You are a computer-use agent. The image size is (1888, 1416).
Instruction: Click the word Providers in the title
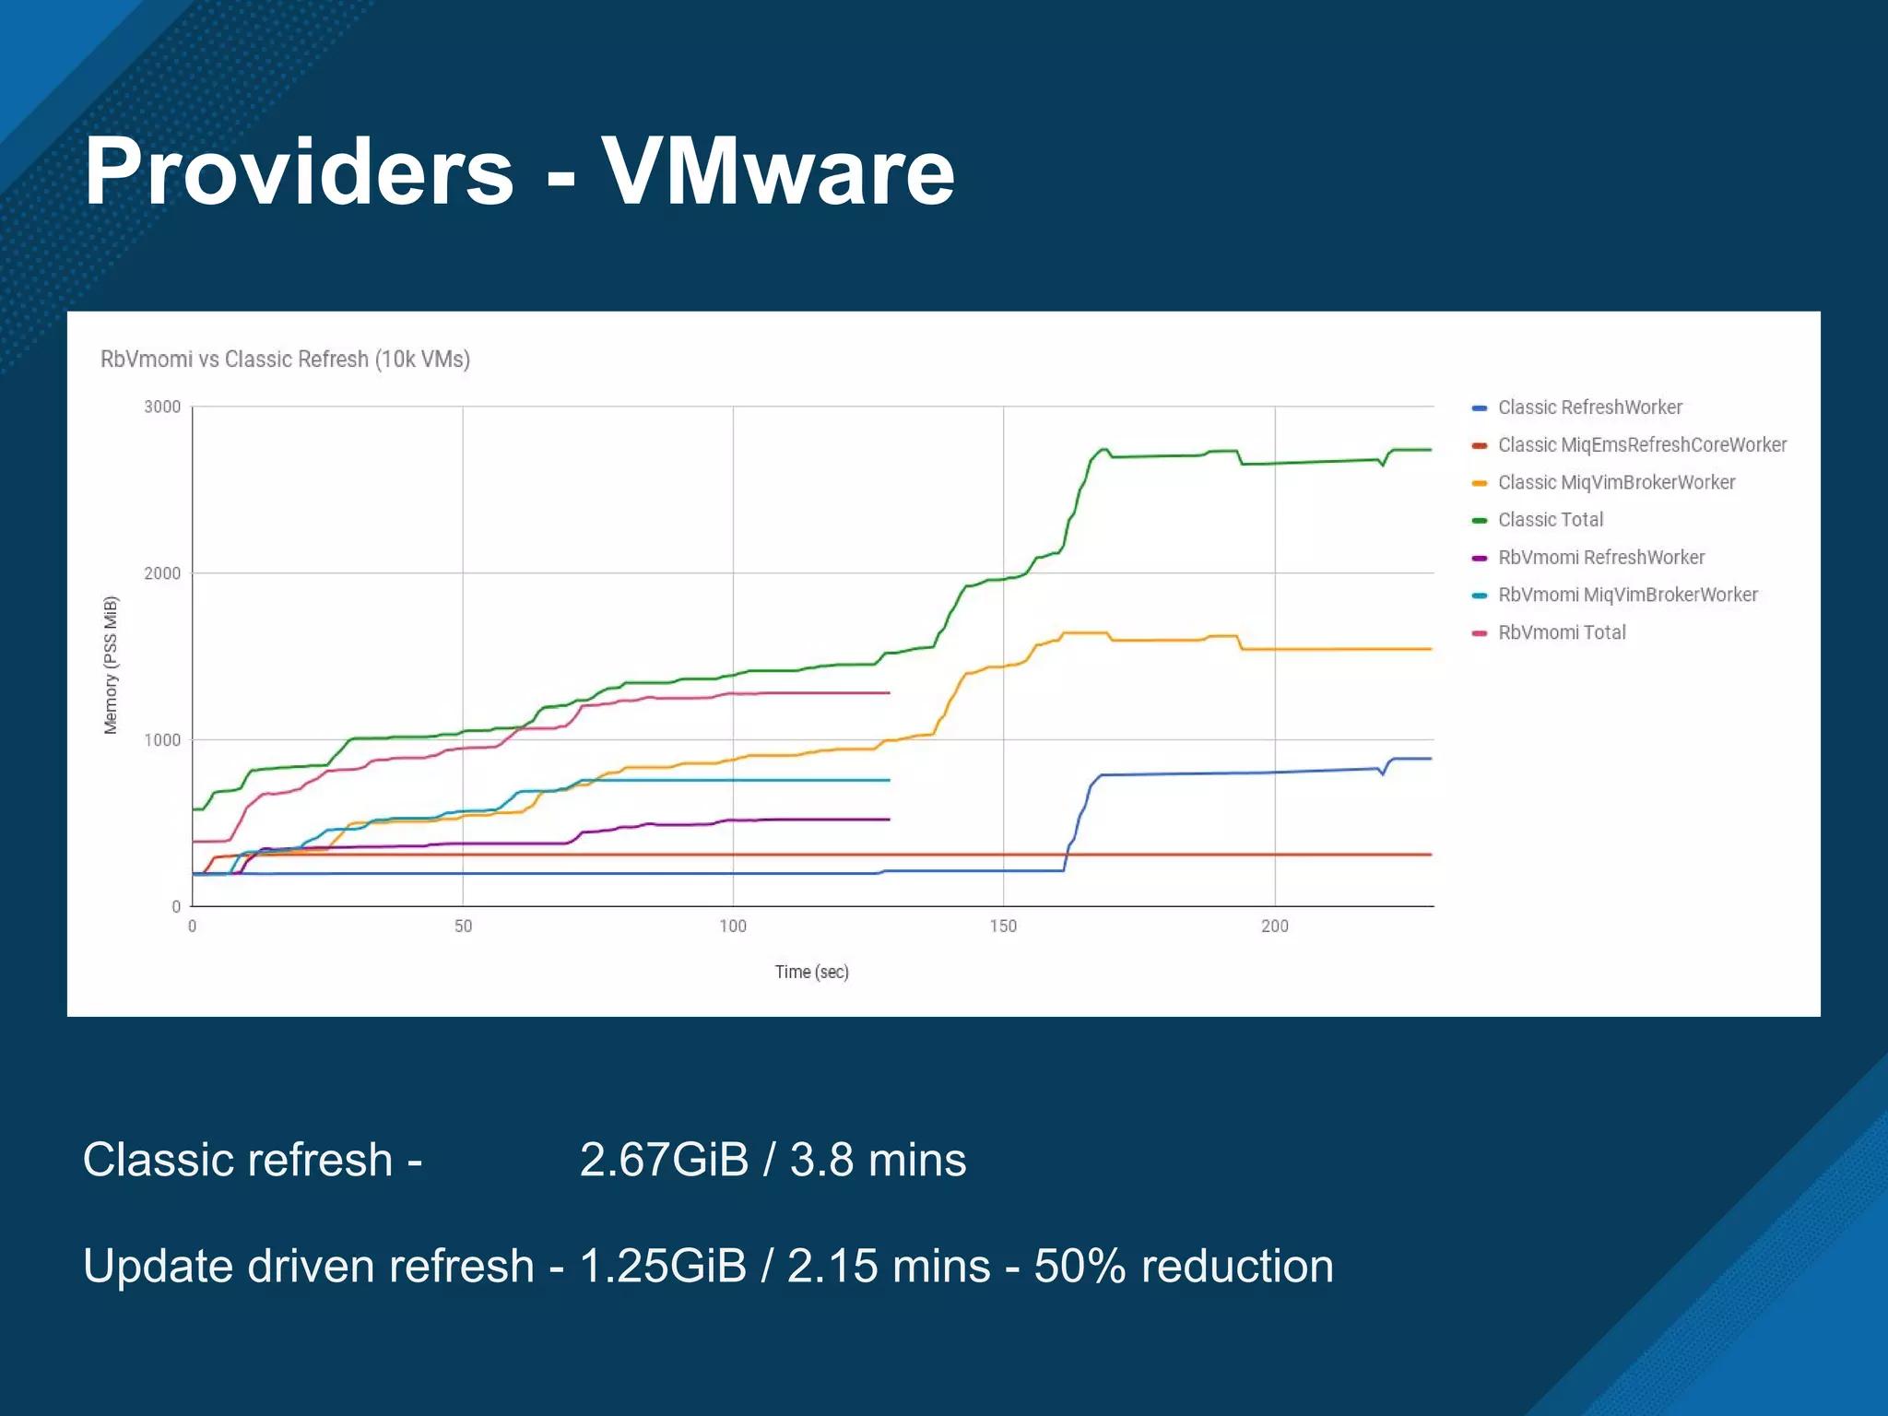[x=299, y=171]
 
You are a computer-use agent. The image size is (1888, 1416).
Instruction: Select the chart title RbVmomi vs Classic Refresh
[x=285, y=360]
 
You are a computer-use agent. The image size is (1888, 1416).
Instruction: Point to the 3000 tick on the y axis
[x=162, y=407]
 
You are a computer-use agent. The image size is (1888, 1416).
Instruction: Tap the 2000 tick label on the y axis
[x=162, y=573]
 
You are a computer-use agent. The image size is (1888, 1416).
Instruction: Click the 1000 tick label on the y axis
[x=162, y=740]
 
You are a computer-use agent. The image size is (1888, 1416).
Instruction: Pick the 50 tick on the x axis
[x=463, y=926]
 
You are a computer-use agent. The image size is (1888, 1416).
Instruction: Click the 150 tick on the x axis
[x=1003, y=926]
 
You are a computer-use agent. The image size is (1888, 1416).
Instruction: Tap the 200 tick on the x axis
[x=1275, y=926]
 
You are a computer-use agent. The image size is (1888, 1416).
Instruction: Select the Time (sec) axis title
[x=811, y=972]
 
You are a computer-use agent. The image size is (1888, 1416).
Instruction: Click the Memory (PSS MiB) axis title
[x=111, y=665]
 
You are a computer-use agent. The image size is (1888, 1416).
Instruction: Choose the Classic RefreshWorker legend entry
[x=1589, y=407]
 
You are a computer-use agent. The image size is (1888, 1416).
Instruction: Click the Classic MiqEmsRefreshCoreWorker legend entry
[x=1642, y=445]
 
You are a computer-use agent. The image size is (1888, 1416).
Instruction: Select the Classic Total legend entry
[x=1551, y=520]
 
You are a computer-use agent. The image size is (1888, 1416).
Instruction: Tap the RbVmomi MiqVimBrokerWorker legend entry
[x=1627, y=595]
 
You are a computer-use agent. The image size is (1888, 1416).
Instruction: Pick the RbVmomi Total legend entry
[x=1562, y=632]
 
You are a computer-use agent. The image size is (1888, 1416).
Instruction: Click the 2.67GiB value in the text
[x=664, y=1160]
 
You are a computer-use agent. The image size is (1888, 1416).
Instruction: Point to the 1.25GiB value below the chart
[x=663, y=1266]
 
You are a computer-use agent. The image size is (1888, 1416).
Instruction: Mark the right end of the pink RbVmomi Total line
[x=889, y=692]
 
